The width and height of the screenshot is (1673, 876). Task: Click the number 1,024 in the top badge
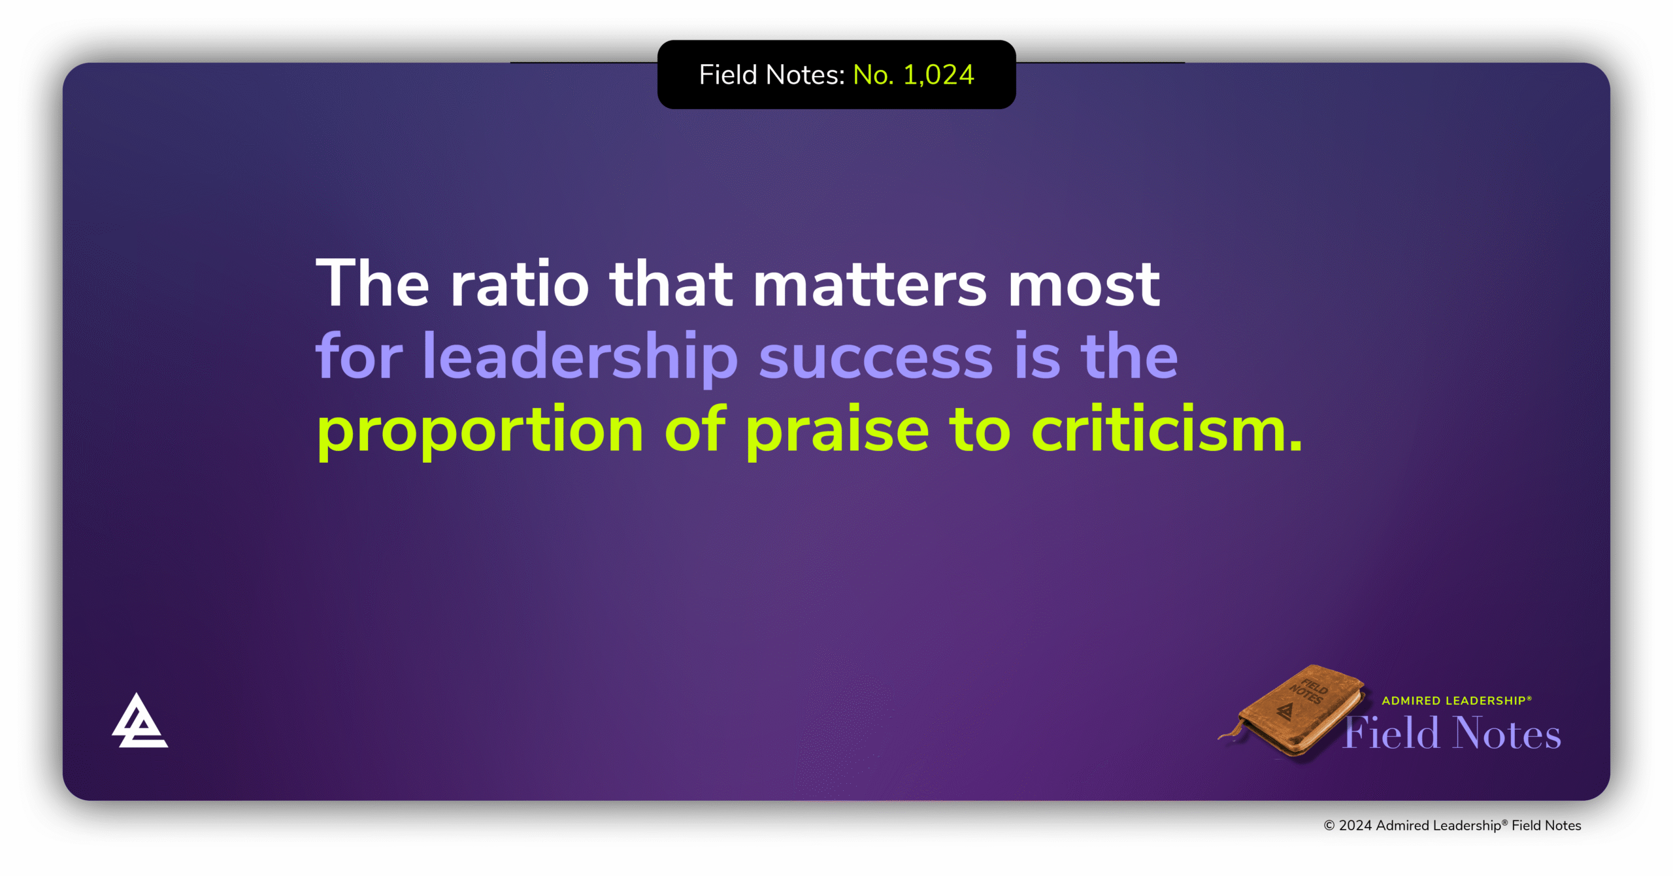[x=938, y=75]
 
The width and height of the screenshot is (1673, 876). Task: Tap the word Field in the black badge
[x=728, y=75]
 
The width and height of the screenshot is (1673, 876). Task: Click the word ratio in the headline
[x=520, y=284]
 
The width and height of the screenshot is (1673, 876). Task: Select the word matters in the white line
[x=870, y=284]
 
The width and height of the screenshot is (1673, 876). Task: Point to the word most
[x=1084, y=284]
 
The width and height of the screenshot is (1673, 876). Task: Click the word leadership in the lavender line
[x=580, y=357]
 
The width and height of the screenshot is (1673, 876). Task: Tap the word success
[x=876, y=357]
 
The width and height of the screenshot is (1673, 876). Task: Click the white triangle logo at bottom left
[x=139, y=722]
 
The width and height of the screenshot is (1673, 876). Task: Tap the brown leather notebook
[x=1297, y=713]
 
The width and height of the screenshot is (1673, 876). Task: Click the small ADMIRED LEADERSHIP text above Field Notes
[x=1456, y=701]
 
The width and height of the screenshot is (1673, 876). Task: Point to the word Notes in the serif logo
[x=1506, y=733]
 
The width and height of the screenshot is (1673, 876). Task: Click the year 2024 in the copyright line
[x=1355, y=826]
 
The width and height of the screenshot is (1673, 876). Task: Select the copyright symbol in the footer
[x=1329, y=826]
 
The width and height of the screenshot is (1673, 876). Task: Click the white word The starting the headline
[x=373, y=284]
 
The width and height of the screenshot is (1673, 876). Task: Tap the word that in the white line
[x=671, y=284]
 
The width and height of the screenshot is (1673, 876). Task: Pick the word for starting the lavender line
[x=359, y=357]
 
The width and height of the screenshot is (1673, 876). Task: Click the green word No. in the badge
[x=873, y=75]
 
